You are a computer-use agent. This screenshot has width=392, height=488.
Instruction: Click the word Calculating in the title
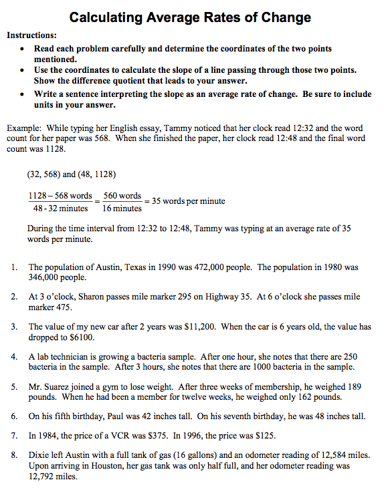[108, 17]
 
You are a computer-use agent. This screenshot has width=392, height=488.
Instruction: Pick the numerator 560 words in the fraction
[122, 196]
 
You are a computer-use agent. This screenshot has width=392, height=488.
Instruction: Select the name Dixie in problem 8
[39, 455]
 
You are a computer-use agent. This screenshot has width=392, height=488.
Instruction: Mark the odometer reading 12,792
[41, 477]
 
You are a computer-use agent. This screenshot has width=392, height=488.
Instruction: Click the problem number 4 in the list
[14, 357]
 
